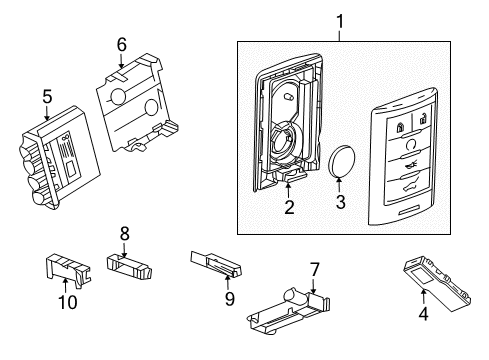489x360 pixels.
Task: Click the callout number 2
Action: click(x=289, y=208)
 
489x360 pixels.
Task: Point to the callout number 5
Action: click(x=47, y=97)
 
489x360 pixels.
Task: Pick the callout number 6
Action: click(x=121, y=44)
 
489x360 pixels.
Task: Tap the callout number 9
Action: click(x=230, y=297)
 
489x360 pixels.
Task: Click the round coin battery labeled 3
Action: click(x=344, y=160)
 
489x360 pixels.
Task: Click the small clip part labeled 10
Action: click(x=63, y=268)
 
